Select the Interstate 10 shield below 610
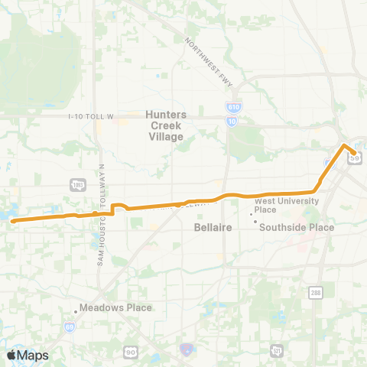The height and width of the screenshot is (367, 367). coord(230,121)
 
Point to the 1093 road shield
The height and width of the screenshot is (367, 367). coord(77,186)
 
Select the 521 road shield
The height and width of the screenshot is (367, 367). coord(276,350)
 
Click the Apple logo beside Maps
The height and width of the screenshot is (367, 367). coord(11,355)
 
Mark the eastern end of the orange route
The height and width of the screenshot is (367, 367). coord(353,152)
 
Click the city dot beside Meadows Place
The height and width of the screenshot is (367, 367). coord(76,310)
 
